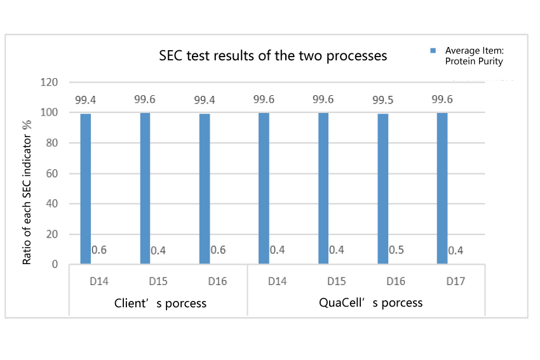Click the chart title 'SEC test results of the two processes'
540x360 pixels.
273,56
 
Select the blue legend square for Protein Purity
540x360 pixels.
433,50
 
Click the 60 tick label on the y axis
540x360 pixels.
53,174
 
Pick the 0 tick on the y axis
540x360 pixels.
56,265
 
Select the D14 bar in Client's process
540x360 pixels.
86,189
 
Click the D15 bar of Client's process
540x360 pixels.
145,188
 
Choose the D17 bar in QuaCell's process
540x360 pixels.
442,188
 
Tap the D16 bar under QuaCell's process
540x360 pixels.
382,189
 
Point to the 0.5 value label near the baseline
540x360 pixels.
396,250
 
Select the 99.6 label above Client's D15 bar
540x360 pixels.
145,99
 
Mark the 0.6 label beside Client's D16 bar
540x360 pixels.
218,250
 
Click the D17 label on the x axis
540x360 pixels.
456,281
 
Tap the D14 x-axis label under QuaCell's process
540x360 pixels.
277,281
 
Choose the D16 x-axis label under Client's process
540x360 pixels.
217,281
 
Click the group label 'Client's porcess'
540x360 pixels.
160,303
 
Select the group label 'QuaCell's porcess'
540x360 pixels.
370,303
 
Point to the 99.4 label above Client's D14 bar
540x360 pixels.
86,100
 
